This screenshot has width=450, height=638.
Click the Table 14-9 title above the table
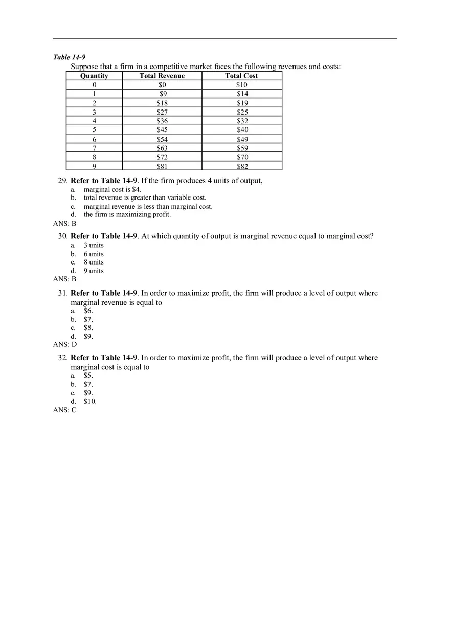click(69, 57)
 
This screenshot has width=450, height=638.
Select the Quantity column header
click(94, 76)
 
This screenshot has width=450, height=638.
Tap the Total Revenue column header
click(162, 76)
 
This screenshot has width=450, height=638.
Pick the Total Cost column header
click(241, 76)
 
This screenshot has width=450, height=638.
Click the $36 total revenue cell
click(162, 121)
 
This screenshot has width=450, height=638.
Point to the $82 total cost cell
click(242, 166)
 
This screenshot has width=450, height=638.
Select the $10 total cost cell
click(241, 85)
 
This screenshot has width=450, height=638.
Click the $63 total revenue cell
click(162, 148)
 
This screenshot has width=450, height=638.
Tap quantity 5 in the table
click(94, 130)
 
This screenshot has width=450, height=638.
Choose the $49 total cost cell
click(242, 139)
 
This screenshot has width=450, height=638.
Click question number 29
click(63, 181)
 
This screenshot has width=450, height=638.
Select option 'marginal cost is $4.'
click(112, 189)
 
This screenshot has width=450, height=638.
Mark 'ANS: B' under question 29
click(64, 223)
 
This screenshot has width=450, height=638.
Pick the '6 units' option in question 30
click(94, 254)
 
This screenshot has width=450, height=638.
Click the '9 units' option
click(94, 271)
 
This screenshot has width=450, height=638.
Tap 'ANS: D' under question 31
click(65, 344)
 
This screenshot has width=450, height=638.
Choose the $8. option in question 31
click(88, 327)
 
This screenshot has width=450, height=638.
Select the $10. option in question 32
click(90, 401)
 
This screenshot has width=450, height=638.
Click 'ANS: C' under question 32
click(64, 410)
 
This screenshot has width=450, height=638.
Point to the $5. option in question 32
click(88, 375)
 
